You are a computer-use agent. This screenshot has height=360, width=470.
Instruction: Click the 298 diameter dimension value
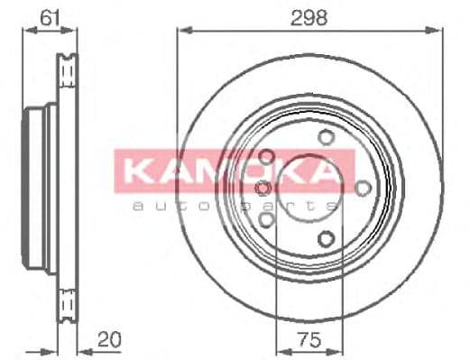(x=309, y=16)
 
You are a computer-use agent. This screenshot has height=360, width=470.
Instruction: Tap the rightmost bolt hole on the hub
(x=363, y=187)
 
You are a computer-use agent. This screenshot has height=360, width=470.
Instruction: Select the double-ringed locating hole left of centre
(x=263, y=188)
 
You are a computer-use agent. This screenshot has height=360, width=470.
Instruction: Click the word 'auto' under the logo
(x=166, y=208)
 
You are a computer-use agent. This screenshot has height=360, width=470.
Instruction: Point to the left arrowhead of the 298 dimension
(x=180, y=31)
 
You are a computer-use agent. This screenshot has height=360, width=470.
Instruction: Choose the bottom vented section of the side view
(x=65, y=302)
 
